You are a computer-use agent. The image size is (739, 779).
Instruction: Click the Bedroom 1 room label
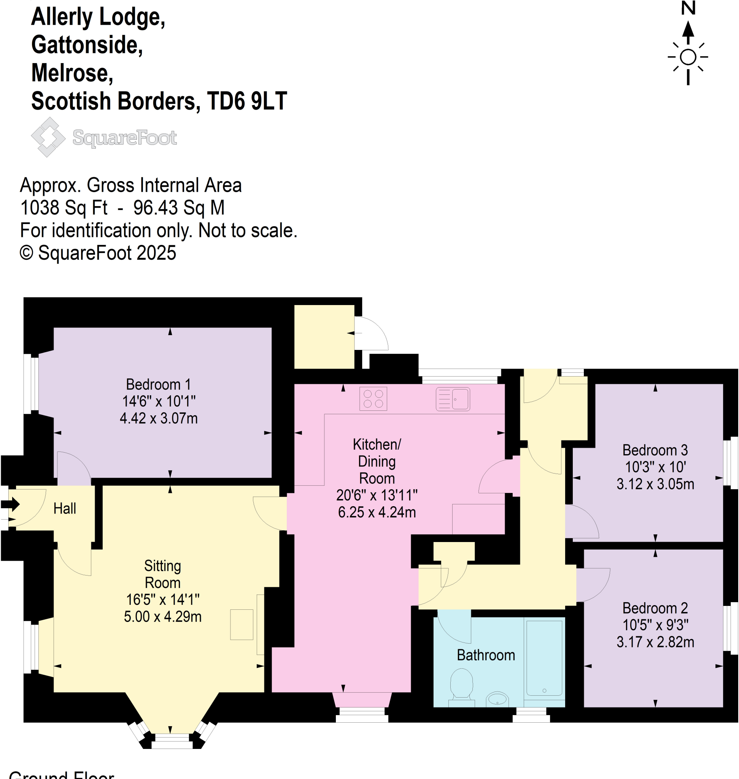158,384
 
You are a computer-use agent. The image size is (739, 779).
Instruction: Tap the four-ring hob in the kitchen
373,399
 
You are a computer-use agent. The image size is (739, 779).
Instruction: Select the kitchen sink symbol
453,399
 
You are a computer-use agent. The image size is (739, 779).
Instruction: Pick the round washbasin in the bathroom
497,700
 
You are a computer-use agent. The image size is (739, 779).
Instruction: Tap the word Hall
65,509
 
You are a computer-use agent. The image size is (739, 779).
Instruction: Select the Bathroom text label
486,655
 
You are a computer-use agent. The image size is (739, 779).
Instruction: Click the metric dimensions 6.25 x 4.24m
377,512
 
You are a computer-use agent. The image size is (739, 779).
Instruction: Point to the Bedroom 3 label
655,450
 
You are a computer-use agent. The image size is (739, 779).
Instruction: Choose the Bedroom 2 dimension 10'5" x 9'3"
655,625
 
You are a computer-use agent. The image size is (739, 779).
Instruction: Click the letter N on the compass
688,8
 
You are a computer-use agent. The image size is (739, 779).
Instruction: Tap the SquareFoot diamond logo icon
48,137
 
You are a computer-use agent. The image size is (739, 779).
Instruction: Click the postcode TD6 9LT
247,101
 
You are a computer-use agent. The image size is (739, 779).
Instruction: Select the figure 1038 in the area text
40,208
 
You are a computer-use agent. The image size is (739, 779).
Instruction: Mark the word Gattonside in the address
87,45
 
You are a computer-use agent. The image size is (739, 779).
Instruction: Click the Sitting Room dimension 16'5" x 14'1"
162,599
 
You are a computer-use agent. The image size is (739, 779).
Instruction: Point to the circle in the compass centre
688,57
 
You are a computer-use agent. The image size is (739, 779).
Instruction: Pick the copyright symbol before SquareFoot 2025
26,253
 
